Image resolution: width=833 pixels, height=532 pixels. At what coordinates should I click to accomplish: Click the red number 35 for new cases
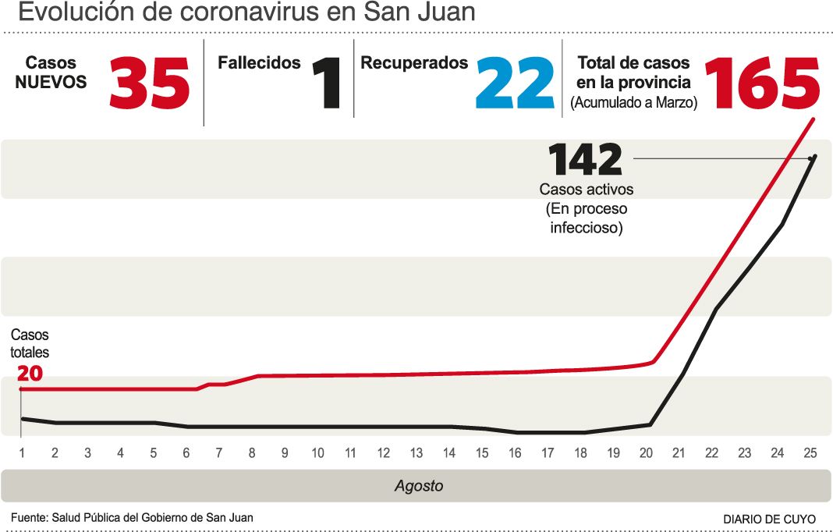(150, 83)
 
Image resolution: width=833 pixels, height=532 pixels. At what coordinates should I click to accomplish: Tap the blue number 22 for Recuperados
(515, 83)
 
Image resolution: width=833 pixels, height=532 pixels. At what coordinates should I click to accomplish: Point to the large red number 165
(762, 83)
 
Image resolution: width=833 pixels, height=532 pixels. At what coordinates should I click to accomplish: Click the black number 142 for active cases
(586, 160)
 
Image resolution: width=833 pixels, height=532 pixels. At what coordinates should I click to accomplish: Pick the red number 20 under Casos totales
(30, 374)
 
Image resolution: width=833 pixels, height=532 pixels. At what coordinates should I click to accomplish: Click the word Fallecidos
(259, 63)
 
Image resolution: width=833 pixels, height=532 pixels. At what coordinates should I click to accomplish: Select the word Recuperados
(414, 63)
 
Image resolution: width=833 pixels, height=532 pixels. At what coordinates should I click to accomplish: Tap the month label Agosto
(418, 486)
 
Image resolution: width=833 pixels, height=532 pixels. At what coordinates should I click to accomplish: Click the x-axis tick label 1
(23, 453)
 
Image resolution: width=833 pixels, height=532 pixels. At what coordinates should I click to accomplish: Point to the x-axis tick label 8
(252, 453)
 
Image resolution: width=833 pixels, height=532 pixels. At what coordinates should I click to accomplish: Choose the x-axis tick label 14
(449, 453)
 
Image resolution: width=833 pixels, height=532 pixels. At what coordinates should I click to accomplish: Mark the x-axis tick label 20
(646, 453)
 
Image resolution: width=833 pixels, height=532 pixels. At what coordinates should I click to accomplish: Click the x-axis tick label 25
(810, 453)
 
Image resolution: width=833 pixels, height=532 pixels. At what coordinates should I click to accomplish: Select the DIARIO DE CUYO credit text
(769, 519)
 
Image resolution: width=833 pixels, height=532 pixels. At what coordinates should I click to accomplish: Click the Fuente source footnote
(132, 517)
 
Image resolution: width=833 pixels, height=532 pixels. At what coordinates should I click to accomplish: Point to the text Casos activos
(586, 189)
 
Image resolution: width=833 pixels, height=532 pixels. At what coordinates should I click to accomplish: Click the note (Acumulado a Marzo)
(633, 102)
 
